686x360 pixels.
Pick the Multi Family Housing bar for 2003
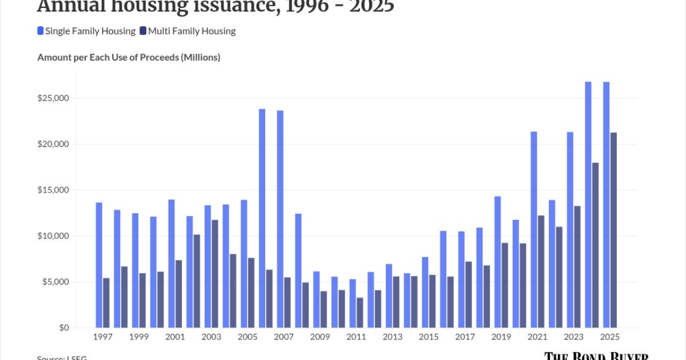(215, 274)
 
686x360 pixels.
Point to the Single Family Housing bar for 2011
(353, 303)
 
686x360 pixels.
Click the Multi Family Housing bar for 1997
(106, 303)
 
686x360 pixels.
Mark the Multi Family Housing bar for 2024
(595, 245)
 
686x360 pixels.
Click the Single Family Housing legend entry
(86, 31)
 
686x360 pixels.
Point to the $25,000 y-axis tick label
(53, 98)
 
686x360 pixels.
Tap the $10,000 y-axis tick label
(53, 236)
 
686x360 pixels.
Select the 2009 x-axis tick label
(320, 337)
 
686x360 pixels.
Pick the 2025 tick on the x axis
(610, 337)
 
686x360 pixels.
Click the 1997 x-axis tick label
(102, 337)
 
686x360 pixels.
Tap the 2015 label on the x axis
(429, 337)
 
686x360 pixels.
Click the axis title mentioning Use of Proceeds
(129, 57)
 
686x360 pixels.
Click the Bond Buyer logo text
(596, 356)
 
